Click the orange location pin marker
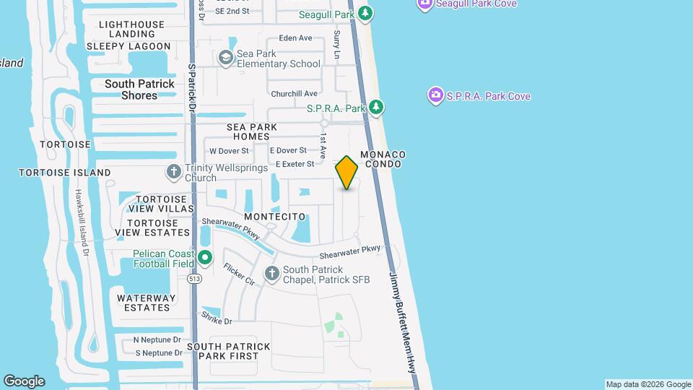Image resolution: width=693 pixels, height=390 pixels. point(346,173)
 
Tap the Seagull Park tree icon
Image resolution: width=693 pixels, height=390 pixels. point(366,14)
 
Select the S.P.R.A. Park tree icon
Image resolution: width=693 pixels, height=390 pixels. point(375,108)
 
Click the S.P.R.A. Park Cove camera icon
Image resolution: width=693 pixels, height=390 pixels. point(435,95)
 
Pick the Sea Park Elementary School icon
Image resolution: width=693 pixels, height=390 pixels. point(226,57)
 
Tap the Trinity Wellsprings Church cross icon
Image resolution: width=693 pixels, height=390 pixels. point(173,172)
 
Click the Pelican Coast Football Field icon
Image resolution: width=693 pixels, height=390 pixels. point(205,257)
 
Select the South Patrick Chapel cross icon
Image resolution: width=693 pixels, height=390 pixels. point(271,273)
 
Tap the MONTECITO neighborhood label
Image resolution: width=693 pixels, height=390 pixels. point(275,217)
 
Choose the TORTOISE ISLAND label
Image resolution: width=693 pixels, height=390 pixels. point(64,173)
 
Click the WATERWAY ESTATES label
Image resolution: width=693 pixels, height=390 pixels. point(144,303)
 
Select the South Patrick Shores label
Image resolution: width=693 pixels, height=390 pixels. point(139,90)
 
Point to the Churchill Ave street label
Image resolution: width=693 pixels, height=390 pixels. point(294,94)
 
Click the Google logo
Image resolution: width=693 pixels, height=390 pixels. point(24,381)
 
